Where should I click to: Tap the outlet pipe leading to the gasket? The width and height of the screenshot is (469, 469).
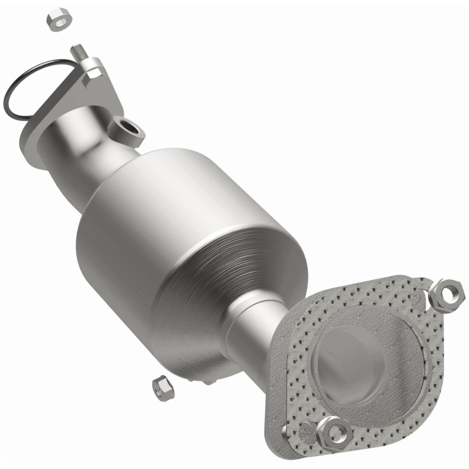252,340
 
